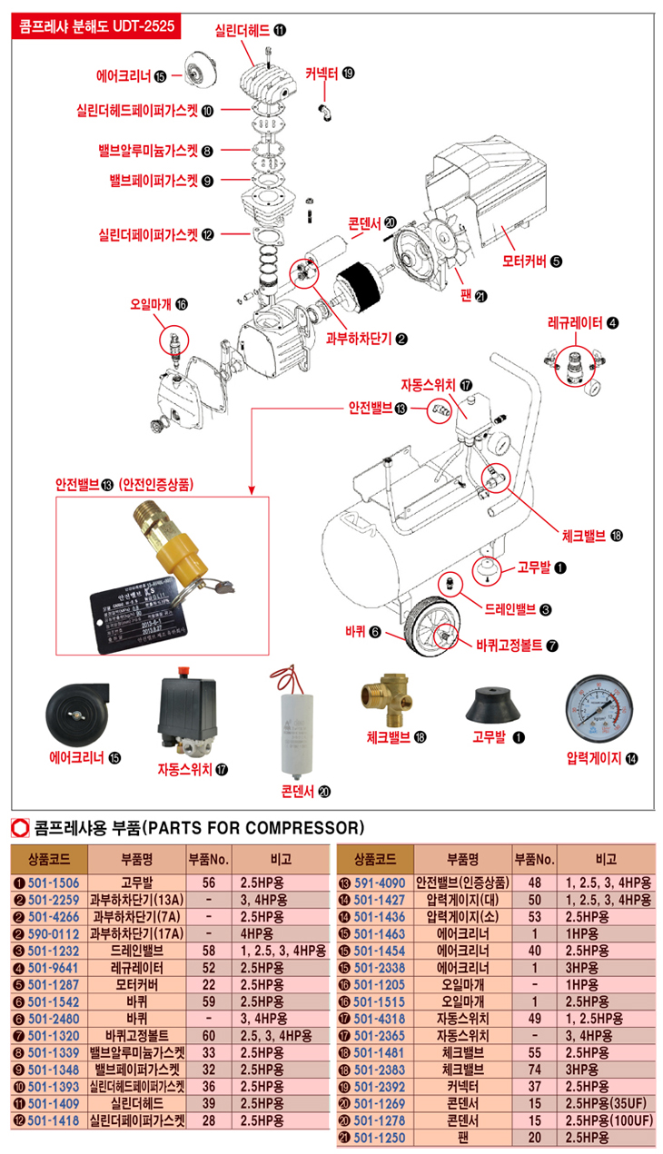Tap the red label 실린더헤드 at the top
pyautogui.click(x=242, y=30)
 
